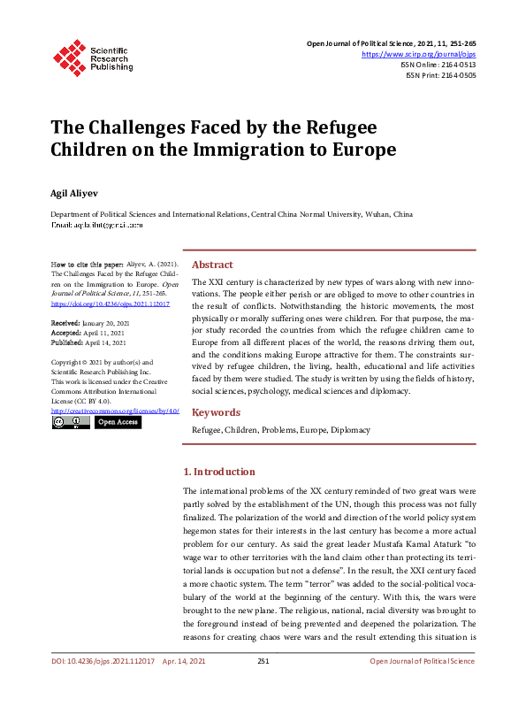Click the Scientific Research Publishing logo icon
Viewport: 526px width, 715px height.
[x=68, y=56]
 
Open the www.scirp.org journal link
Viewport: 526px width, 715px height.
[x=425, y=53]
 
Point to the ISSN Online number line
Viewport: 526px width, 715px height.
[x=438, y=64]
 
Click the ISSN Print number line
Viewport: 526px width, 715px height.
[x=440, y=75]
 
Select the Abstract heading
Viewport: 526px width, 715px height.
[x=212, y=265]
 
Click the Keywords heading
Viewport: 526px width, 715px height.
[x=216, y=412]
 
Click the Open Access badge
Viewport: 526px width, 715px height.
[x=118, y=422]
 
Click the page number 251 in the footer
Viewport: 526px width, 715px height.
[x=263, y=686]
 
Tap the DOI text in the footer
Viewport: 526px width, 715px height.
[x=103, y=686]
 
